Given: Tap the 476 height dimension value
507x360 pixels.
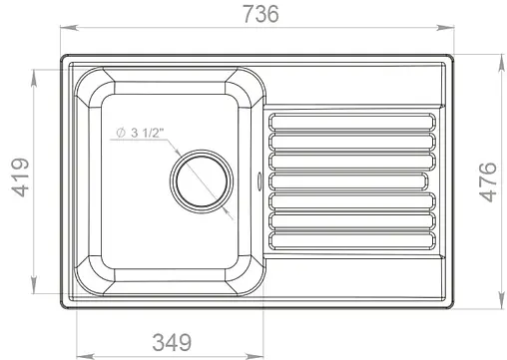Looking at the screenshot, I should click(x=489, y=181).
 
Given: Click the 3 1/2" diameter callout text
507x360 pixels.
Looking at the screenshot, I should click(x=148, y=133).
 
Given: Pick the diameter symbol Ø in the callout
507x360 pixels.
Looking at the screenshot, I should click(x=119, y=133).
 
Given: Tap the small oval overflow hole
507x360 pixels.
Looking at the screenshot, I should click(x=260, y=180).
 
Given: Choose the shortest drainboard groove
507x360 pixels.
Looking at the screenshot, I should click(x=348, y=180).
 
